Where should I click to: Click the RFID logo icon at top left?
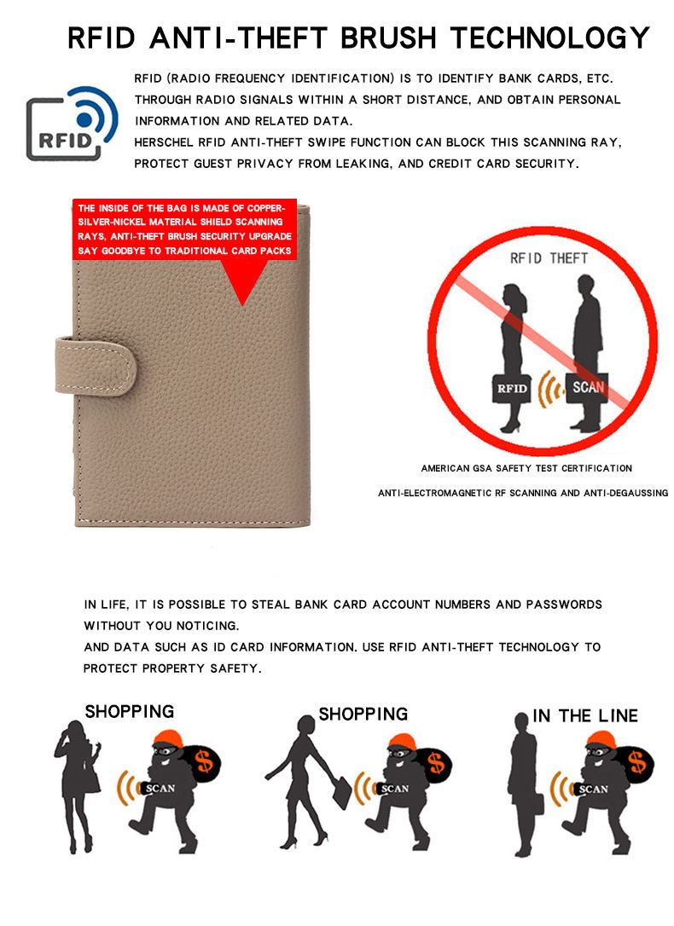pos(72,124)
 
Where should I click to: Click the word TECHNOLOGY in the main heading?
pos(550,38)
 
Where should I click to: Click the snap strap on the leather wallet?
pos(96,366)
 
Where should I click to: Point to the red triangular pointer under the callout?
pos(242,282)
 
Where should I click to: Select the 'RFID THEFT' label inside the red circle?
pos(549,258)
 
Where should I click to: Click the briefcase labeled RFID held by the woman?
pos(512,388)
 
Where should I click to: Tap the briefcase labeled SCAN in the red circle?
pos(587,387)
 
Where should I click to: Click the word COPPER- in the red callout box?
pos(266,208)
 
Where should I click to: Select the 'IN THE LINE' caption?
pos(584,715)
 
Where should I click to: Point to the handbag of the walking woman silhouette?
pos(342,792)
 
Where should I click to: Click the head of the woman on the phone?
pos(75,729)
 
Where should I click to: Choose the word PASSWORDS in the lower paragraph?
pos(564,605)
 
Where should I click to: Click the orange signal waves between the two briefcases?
pos(549,389)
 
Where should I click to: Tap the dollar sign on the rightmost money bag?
pos(637,761)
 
